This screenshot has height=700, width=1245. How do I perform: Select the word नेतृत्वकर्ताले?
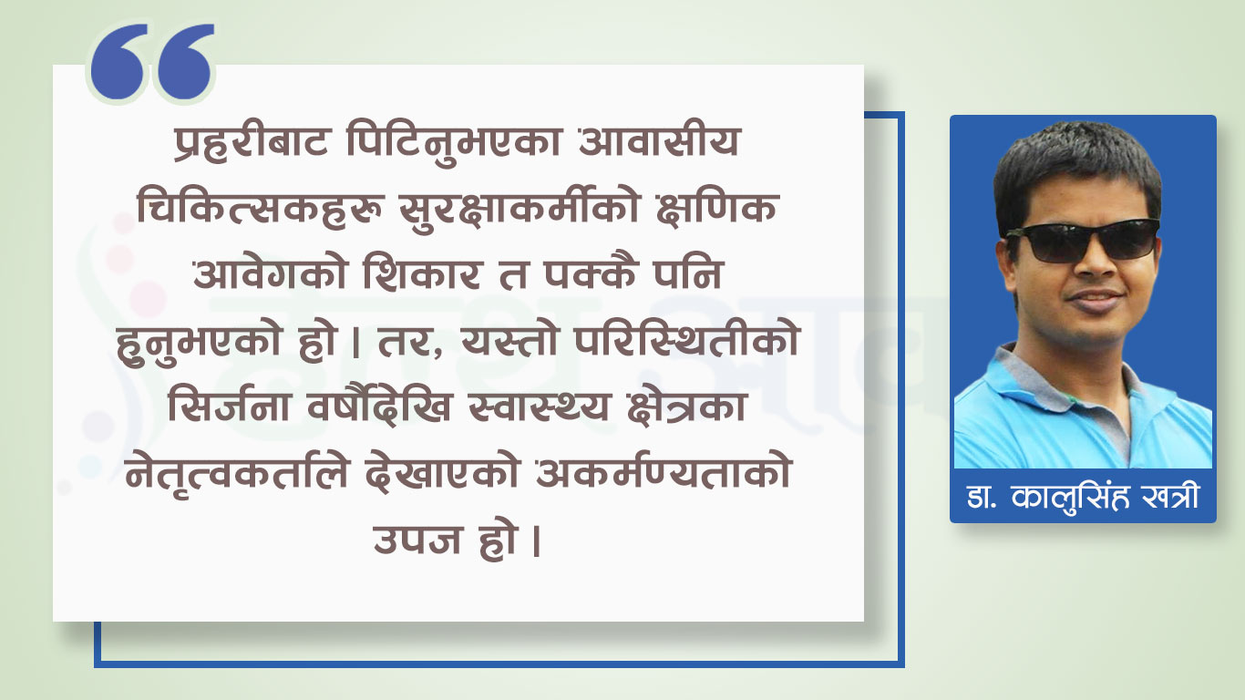[237, 474]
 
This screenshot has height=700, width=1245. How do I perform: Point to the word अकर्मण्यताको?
[664, 473]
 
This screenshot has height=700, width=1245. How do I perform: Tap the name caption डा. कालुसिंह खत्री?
[1083, 497]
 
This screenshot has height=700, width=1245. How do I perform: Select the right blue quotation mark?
[186, 62]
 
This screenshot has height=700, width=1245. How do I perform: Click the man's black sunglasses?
[1083, 241]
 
